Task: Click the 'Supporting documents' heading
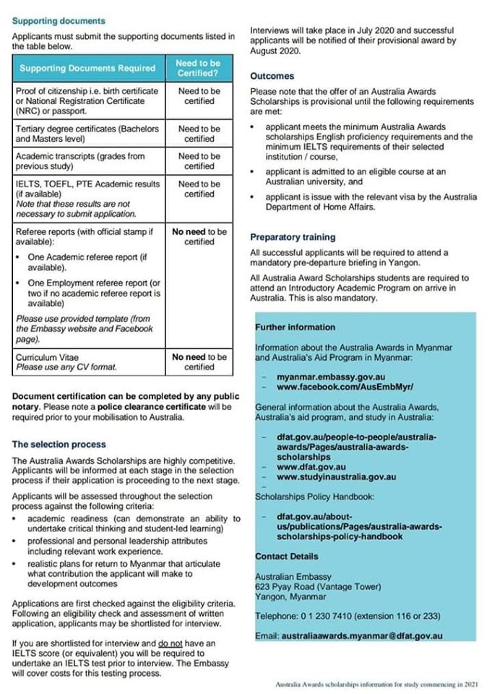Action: [59, 21]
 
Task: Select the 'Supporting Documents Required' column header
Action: [87, 69]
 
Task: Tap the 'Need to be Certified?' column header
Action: [199, 69]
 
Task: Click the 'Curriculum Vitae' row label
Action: [48, 357]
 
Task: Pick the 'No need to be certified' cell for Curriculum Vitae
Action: [199, 361]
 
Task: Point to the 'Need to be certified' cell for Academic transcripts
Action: [199, 161]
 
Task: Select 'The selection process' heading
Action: [59, 445]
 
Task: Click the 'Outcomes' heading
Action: [272, 75]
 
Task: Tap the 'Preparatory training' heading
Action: [293, 237]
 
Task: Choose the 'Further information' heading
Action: [295, 327]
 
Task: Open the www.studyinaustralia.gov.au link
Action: [337, 477]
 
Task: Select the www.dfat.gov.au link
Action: [310, 467]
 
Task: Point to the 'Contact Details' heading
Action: [286, 556]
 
